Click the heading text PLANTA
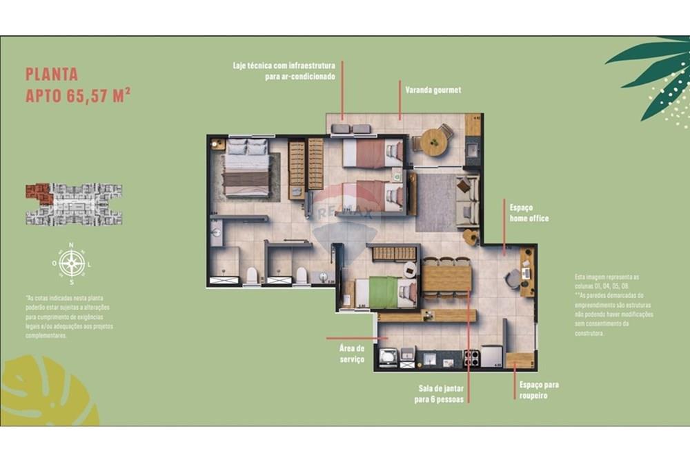click(x=52, y=74)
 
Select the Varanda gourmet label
click(x=433, y=90)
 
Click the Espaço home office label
click(x=529, y=212)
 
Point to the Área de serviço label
click(x=352, y=354)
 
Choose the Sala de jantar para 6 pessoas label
click(x=439, y=394)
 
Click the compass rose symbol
click(x=72, y=263)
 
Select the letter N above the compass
click(x=72, y=245)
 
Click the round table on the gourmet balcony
click(x=434, y=142)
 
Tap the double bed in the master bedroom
click(x=246, y=168)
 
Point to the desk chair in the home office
click(x=513, y=278)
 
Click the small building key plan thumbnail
click(x=74, y=204)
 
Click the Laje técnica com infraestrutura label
click(x=284, y=71)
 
